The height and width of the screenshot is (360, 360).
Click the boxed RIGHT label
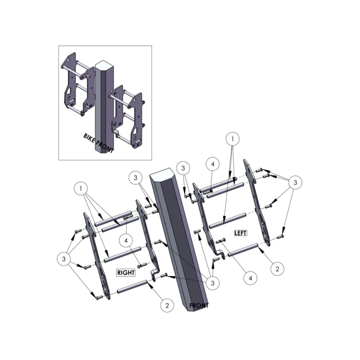pyautogui.click(x=126, y=273)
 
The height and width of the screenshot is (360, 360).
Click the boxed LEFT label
pyautogui.click(x=241, y=233)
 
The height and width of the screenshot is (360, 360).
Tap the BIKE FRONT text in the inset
pyautogui.click(x=98, y=143)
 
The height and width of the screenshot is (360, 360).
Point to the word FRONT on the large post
pyautogui.click(x=199, y=306)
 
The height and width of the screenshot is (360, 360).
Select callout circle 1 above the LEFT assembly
pyautogui.click(x=233, y=139)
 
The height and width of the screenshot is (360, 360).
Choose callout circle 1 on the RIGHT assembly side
pyautogui.click(x=81, y=189)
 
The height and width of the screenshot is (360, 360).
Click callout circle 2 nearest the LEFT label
pyautogui.click(x=277, y=269)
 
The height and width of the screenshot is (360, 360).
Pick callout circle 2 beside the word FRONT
pyautogui.click(x=167, y=306)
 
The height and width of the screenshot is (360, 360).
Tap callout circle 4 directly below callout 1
pyautogui.click(x=213, y=164)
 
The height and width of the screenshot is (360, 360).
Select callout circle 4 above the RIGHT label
pyautogui.click(x=126, y=241)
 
